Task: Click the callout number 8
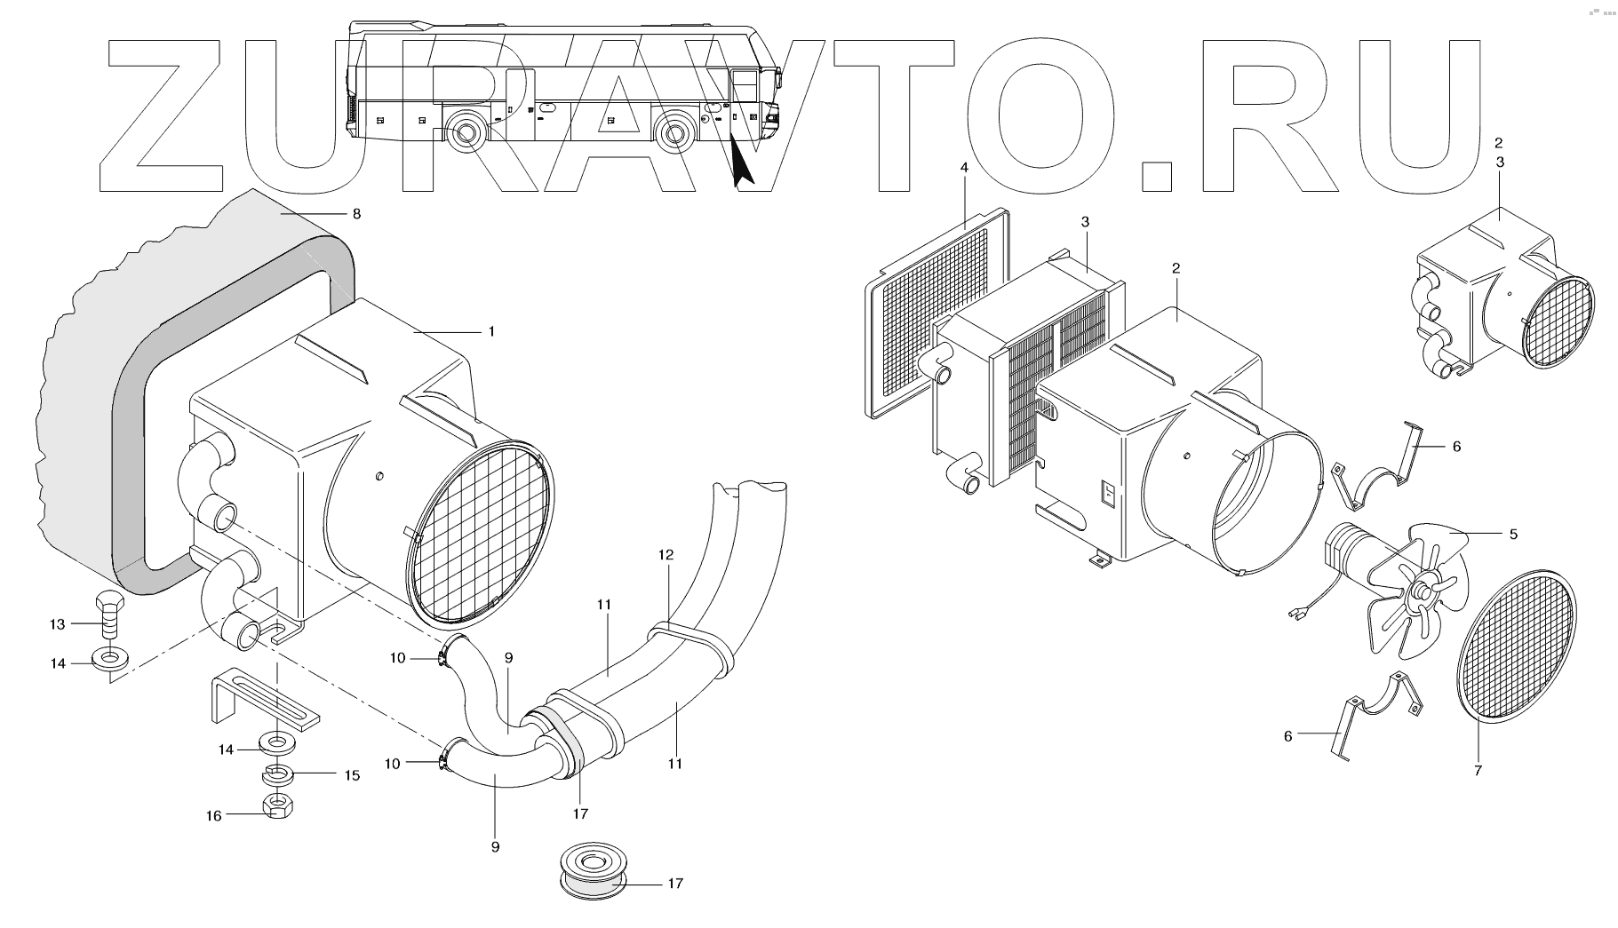356,214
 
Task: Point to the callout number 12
666,555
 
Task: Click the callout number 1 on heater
490,331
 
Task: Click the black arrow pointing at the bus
742,164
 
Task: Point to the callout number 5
1512,535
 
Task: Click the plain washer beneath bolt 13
108,660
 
